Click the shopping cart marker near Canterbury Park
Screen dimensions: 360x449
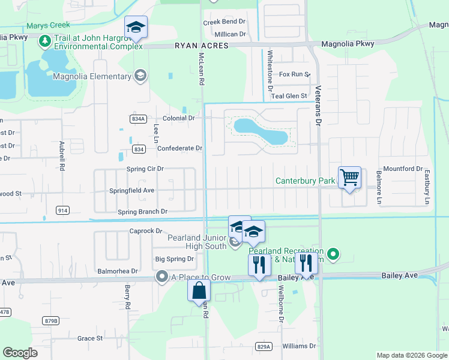pyautogui.click(x=349, y=178)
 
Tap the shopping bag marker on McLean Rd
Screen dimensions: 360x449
pyautogui.click(x=199, y=292)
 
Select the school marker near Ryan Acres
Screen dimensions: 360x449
pyautogui.click(x=136, y=28)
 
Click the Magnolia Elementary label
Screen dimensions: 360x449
pyautogui.click(x=92, y=76)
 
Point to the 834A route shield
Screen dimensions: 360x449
pyautogui.click(x=138, y=119)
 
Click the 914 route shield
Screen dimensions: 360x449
pyautogui.click(x=62, y=210)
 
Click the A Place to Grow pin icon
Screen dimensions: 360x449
pyautogui.click(x=161, y=277)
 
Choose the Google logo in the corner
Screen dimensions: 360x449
pyautogui.click(x=20, y=353)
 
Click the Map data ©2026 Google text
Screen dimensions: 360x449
pyautogui.click(x=411, y=355)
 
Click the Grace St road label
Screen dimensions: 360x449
pyautogui.click(x=90, y=338)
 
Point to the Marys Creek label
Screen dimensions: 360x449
pyautogui.click(x=48, y=25)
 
